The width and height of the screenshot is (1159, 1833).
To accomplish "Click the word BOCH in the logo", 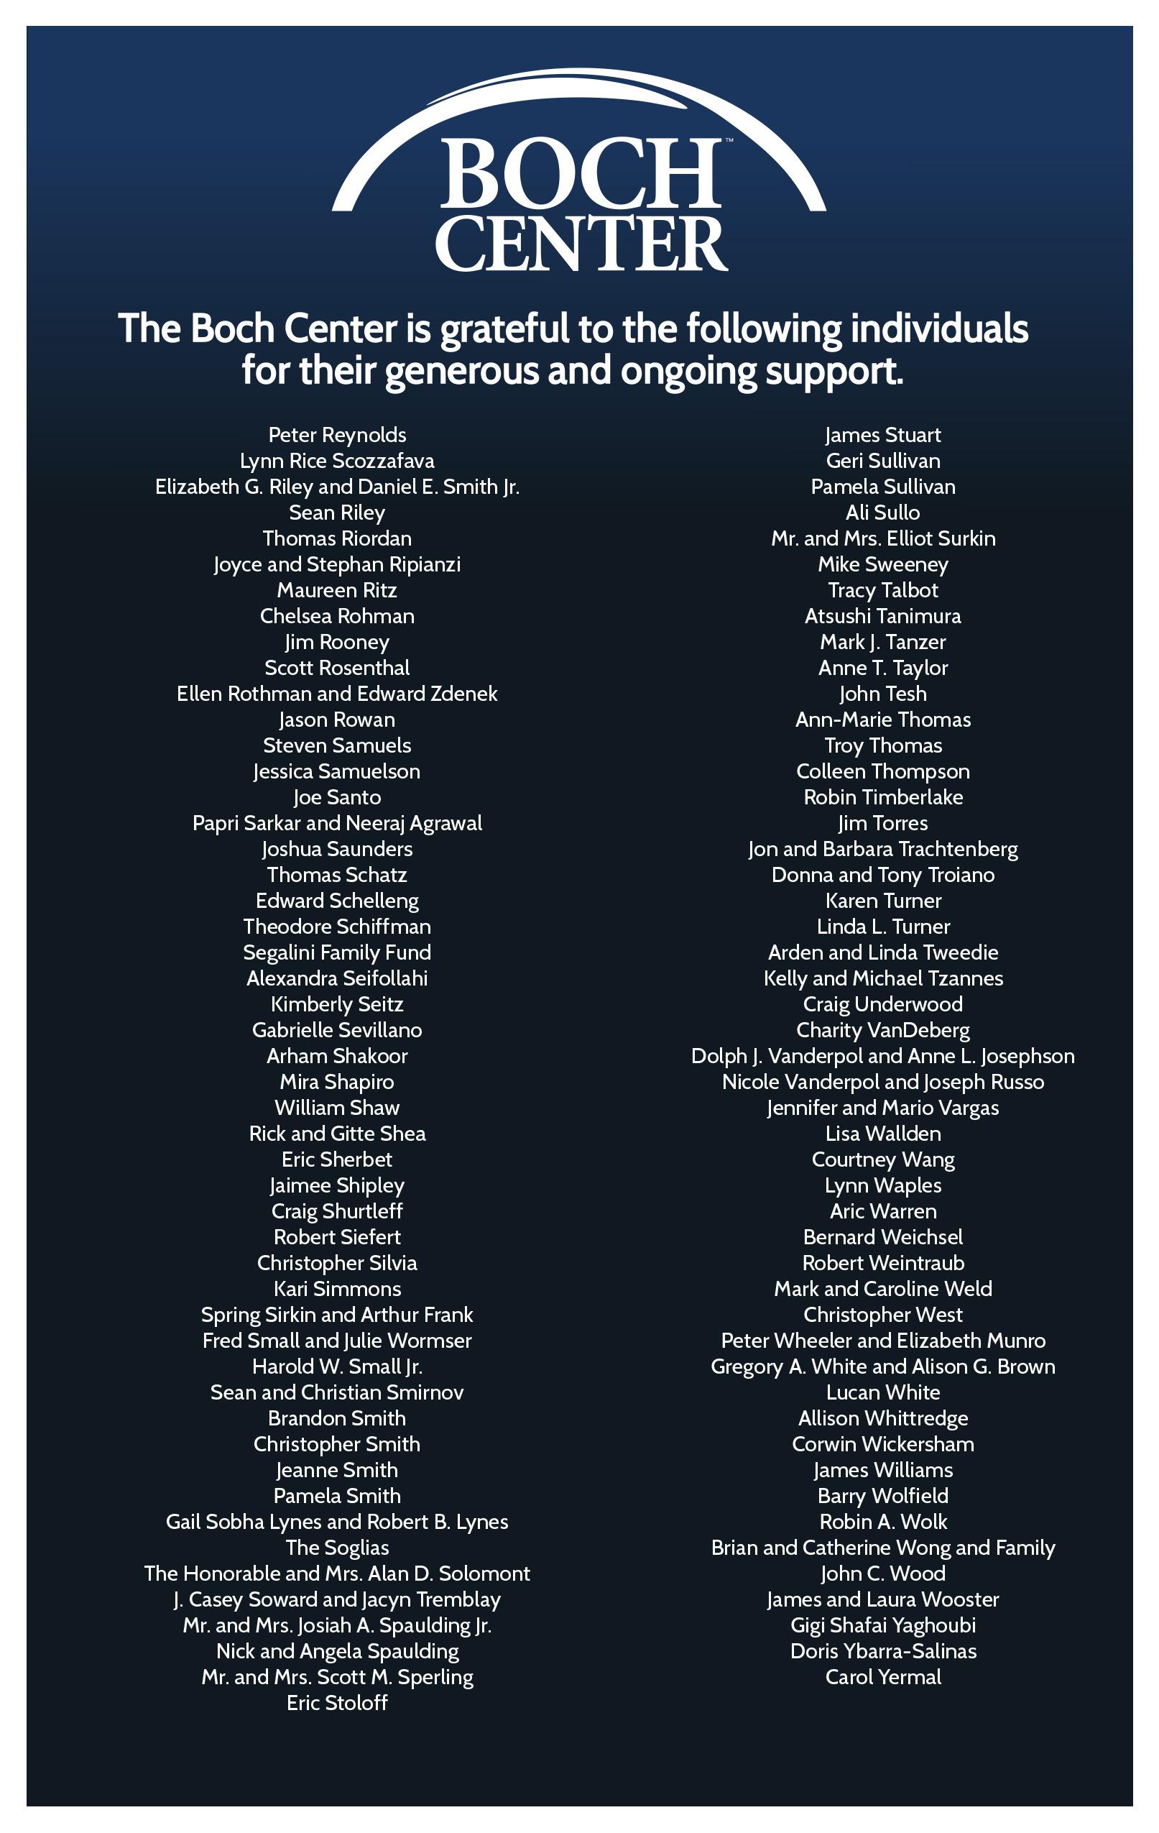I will click(580, 173).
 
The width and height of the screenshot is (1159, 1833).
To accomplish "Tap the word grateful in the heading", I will click(504, 329).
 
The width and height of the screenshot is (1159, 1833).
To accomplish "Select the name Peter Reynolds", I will click(337, 435).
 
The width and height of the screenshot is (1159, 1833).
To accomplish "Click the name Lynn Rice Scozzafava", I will click(337, 461).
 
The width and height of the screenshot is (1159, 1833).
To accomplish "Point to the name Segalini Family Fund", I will click(337, 952).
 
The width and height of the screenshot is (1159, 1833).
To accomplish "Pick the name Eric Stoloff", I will click(337, 1703).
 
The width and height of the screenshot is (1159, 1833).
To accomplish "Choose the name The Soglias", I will click(337, 1548).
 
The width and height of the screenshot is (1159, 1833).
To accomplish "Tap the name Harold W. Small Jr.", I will click(337, 1366).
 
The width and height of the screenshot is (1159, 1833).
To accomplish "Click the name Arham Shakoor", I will click(337, 1056).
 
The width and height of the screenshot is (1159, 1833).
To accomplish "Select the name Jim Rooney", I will click(337, 642).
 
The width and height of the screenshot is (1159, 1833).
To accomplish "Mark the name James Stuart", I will click(883, 435).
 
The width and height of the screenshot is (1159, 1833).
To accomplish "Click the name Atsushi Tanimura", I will click(883, 616).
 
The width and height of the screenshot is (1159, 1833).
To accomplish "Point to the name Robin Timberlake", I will click(883, 797).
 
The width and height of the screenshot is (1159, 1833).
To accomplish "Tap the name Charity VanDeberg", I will click(883, 1030).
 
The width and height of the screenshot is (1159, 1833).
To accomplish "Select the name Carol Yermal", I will click(883, 1677).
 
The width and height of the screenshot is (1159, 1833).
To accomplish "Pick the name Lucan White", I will click(883, 1392).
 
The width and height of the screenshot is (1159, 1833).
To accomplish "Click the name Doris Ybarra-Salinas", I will click(883, 1651).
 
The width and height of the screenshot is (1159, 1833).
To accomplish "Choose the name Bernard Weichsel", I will click(883, 1237).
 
